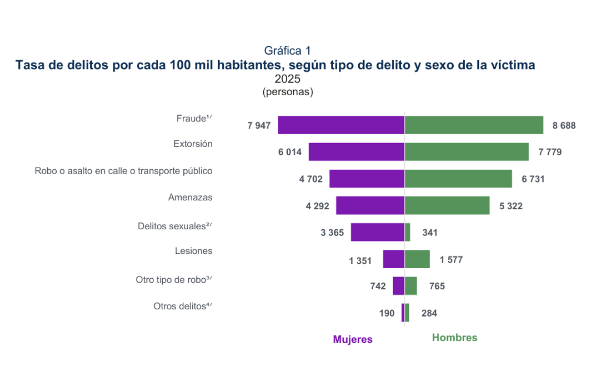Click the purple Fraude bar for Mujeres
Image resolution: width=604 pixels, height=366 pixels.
(341, 125)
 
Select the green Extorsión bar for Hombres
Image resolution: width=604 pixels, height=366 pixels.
(466, 151)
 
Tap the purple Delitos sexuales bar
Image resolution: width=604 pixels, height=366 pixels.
(378, 232)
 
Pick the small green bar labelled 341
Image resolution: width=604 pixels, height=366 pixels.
(408, 232)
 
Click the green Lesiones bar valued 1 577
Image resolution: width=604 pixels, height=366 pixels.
(417, 259)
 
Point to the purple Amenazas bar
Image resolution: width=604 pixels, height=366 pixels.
(370, 206)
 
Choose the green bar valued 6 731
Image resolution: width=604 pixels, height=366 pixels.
(459, 179)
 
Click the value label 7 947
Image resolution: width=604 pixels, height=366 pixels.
(259, 126)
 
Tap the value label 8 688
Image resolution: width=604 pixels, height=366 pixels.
(564, 126)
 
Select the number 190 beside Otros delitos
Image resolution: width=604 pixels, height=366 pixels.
(387, 313)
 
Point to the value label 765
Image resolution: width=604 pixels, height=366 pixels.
(437, 286)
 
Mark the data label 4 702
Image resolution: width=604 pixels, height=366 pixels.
(311, 179)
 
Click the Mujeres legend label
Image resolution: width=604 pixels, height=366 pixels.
(352, 339)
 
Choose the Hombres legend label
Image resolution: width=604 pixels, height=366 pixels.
(454, 338)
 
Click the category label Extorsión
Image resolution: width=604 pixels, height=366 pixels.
(193, 144)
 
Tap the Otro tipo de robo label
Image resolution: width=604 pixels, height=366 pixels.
(174, 280)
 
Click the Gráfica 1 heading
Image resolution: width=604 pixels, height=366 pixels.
(287, 50)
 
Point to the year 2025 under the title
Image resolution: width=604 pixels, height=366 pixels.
(287, 79)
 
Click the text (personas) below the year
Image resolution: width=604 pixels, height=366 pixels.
(288, 92)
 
